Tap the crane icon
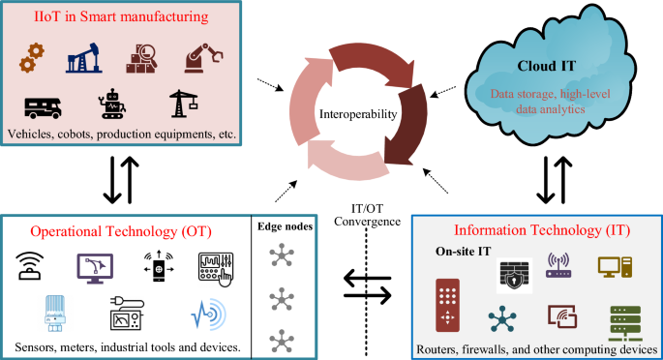click(180, 105)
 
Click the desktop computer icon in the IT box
click(614, 266)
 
